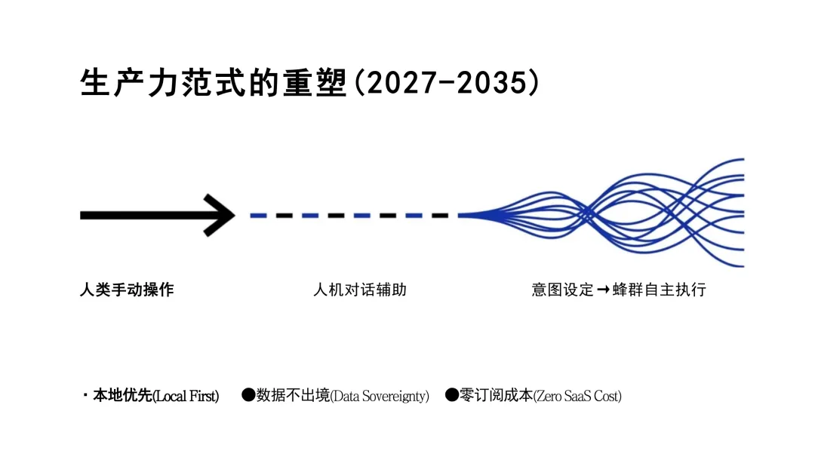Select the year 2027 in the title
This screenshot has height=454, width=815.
pos(392,83)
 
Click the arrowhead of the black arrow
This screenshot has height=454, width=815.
pos(222,215)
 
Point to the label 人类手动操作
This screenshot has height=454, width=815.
pos(127,290)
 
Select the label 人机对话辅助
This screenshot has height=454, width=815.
pos(360,290)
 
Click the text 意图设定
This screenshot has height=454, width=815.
pos(562,290)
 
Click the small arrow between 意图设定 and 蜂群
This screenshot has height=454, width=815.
pos(603,290)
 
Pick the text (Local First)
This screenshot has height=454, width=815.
pos(186,396)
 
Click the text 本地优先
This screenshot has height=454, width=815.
pos(122,396)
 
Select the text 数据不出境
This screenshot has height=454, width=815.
pos(294,396)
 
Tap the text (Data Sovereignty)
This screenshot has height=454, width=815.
pos(380,396)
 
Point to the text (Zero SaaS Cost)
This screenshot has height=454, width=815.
pos(577,396)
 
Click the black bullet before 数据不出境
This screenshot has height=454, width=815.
pos(248,394)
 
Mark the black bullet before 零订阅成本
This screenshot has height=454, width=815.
pos(452,394)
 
